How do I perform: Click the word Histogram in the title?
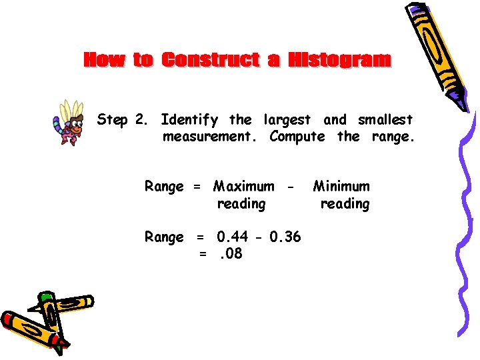coord(340,60)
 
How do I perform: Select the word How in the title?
coord(105,60)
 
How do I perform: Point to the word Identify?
coord(189,121)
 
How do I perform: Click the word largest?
coord(287,121)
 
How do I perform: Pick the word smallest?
coord(385,121)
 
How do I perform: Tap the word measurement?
coord(211,137)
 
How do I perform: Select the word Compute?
coord(297,137)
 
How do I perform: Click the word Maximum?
coord(243,187)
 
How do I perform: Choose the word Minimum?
coord(341,187)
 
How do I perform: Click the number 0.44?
coord(234,237)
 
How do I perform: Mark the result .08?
coord(230,254)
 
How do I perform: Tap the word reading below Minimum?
coord(345,204)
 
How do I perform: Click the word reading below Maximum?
coord(241,204)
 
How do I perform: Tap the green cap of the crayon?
coord(46,297)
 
